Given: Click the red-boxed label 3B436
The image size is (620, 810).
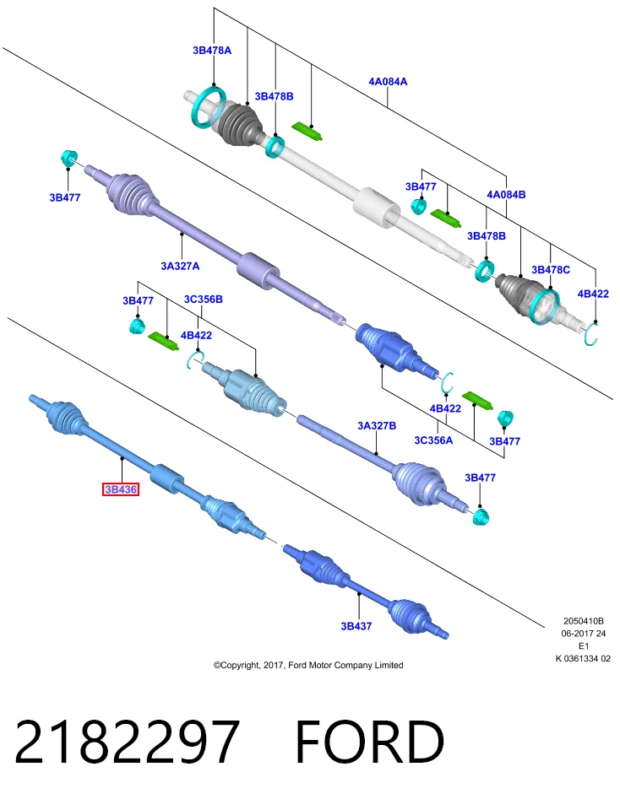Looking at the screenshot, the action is (x=121, y=489).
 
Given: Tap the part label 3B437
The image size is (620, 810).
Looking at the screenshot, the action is (x=356, y=626).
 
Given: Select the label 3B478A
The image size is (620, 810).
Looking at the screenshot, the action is (x=212, y=50).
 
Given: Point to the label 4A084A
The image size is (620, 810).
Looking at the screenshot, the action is (x=388, y=82).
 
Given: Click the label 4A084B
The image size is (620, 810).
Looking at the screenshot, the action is (x=506, y=195).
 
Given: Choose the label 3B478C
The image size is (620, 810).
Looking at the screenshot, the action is (x=551, y=270).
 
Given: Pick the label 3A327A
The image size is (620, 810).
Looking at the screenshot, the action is (x=180, y=266).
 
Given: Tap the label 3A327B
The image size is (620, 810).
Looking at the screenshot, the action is (x=377, y=425).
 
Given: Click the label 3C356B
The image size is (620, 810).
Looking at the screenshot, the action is (x=204, y=299).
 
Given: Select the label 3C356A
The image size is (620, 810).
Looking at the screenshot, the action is (x=433, y=440).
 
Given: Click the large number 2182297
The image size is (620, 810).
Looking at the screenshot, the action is (x=128, y=742).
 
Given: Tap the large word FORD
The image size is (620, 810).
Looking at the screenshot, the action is (x=370, y=742).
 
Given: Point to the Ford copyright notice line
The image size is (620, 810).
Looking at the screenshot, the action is (x=308, y=665).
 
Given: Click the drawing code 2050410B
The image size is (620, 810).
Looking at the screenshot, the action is (x=584, y=621).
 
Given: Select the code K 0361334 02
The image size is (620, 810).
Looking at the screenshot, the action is (x=584, y=659).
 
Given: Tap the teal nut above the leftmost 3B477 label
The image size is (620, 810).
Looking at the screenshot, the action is (x=68, y=158).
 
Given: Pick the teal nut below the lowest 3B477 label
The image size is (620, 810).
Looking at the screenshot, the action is (x=481, y=516).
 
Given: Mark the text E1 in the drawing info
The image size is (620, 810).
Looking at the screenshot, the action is (x=584, y=645).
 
